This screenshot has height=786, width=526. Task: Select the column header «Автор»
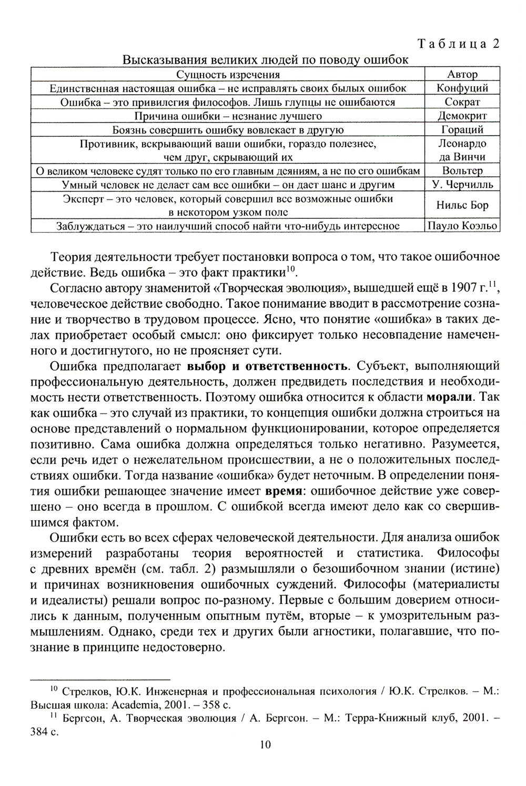(x=462, y=74)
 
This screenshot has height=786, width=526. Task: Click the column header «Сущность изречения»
(x=228, y=74)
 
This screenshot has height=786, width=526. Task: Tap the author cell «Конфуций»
(x=462, y=88)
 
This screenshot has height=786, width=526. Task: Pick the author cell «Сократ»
(x=462, y=102)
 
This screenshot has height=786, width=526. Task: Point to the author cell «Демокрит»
(x=462, y=116)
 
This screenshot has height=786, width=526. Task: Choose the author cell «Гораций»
(x=462, y=129)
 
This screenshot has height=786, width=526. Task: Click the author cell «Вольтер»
(x=462, y=170)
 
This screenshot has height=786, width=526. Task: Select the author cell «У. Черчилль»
(x=462, y=185)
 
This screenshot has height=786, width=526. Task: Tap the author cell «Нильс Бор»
(x=462, y=205)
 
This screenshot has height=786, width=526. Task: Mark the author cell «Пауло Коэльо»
(x=462, y=226)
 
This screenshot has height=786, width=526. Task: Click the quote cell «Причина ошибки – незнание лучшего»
(x=228, y=116)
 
